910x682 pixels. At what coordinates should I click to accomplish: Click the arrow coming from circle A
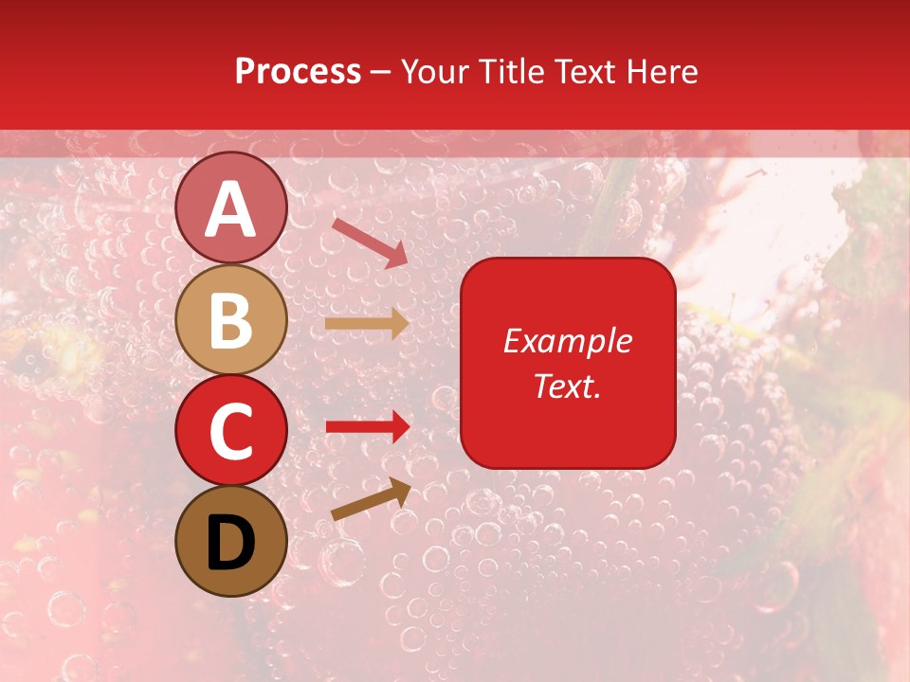click(370, 242)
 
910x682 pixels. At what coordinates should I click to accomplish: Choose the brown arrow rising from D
click(371, 500)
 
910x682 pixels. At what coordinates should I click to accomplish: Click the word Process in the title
click(298, 71)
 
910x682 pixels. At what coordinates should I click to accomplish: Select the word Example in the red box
click(567, 341)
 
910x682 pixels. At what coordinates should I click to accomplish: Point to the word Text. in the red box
click(567, 386)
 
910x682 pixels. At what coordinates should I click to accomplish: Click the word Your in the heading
click(431, 71)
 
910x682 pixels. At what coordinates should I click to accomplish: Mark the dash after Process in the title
click(381, 73)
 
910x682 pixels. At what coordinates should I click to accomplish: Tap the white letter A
click(231, 210)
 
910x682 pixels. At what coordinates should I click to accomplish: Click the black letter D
click(231, 543)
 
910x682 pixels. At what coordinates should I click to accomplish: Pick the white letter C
click(231, 431)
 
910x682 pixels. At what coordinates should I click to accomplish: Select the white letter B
click(231, 320)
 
